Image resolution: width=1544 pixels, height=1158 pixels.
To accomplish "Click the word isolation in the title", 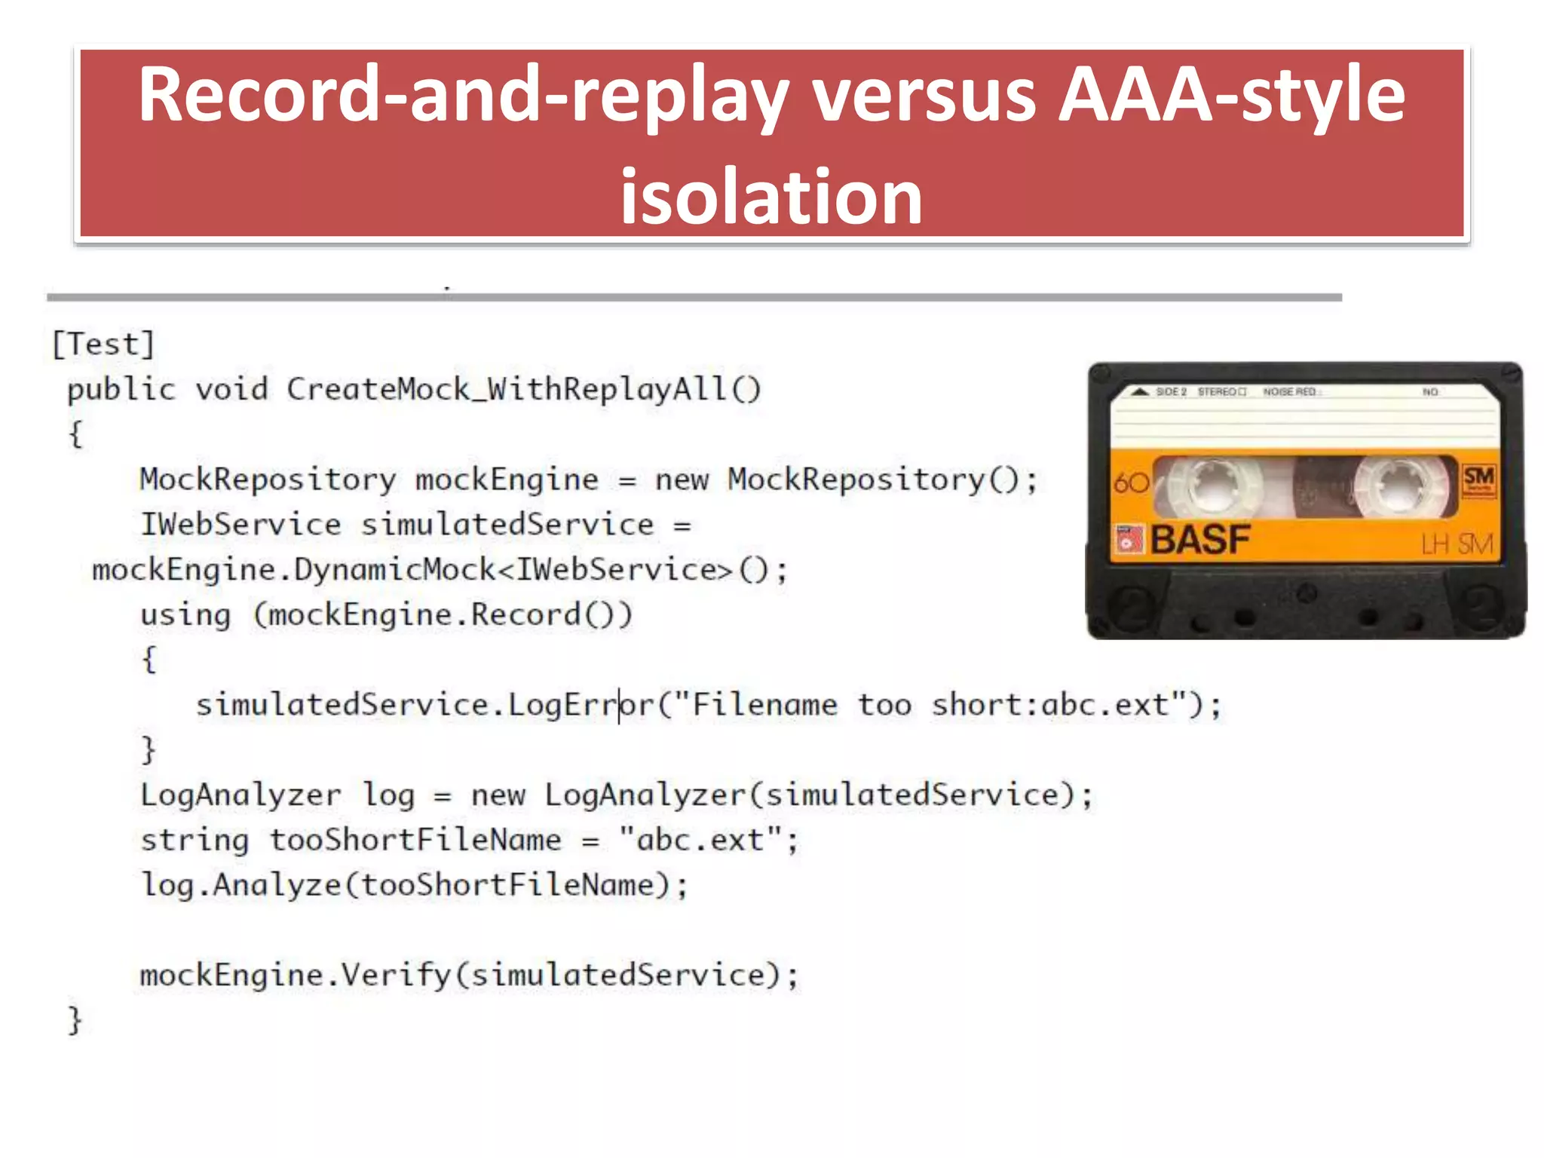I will pyautogui.click(x=770, y=198).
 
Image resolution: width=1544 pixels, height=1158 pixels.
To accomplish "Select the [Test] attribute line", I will pyautogui.click(x=103, y=345).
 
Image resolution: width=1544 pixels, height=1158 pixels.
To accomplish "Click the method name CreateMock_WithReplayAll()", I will pyautogui.click(x=524, y=390).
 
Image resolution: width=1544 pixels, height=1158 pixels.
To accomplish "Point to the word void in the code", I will pyautogui.click(x=231, y=390).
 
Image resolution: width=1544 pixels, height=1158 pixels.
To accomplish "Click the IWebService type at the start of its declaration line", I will pyautogui.click(x=240, y=525).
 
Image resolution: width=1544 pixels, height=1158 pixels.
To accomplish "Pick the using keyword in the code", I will pyautogui.click(x=185, y=615).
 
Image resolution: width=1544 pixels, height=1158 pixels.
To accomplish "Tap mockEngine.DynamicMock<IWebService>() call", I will pyautogui.click(x=439, y=570).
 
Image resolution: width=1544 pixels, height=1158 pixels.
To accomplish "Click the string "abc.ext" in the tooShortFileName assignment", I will pyautogui.click(x=700, y=840).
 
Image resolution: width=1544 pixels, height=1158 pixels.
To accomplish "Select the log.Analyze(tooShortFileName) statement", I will pyautogui.click(x=414, y=885).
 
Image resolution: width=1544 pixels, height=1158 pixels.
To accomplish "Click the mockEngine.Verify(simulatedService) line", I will pyautogui.click(x=468, y=976).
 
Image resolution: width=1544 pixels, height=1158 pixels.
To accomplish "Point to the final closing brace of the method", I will pyautogui.click(x=75, y=1020).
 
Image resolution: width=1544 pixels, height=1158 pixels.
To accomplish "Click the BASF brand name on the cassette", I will pyautogui.click(x=1199, y=540).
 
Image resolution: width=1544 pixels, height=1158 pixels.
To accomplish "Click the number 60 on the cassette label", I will pyautogui.click(x=1131, y=482).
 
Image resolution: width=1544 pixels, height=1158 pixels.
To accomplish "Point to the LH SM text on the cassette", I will pyautogui.click(x=1456, y=544).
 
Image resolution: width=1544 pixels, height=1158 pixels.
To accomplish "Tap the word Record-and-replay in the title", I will pyautogui.click(x=464, y=96).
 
